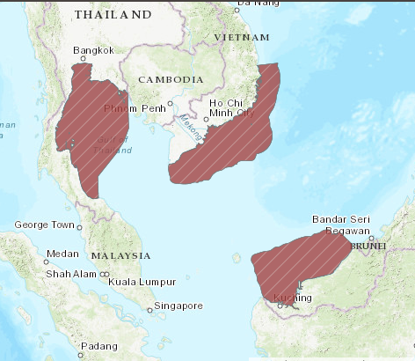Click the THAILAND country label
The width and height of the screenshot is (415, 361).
coord(113,15)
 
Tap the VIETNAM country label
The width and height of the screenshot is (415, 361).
coord(242,38)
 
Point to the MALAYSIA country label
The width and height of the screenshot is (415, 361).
coord(120,255)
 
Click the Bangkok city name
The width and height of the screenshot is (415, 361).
coord(93,50)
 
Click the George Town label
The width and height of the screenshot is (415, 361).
coord(44,225)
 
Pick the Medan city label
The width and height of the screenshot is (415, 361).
coord(62,254)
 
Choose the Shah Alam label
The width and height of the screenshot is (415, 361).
coord(69,274)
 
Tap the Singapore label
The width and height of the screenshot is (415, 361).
coord(178,306)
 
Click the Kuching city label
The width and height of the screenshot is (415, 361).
coord(293,298)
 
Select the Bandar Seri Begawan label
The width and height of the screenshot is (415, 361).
coord(341,225)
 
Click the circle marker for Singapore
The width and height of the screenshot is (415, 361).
coord(150,307)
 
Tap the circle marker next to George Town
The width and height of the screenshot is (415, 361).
coord(79,227)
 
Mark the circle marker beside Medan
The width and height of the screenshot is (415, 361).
coord(46,262)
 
